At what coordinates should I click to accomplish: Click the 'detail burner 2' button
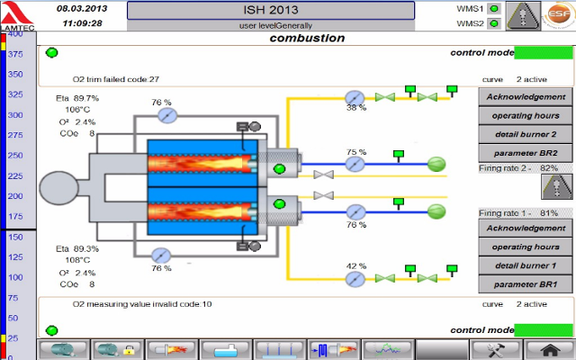tap(526, 134)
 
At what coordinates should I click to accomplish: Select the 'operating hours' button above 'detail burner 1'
tap(526, 247)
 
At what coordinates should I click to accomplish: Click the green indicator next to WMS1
tap(494, 9)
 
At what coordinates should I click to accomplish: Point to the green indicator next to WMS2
tap(494, 23)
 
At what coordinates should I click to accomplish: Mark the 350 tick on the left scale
tap(15, 73)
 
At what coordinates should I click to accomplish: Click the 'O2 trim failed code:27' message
tap(116, 79)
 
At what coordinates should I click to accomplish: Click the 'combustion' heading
tap(307, 39)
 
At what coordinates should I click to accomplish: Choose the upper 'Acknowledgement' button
tap(526, 97)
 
